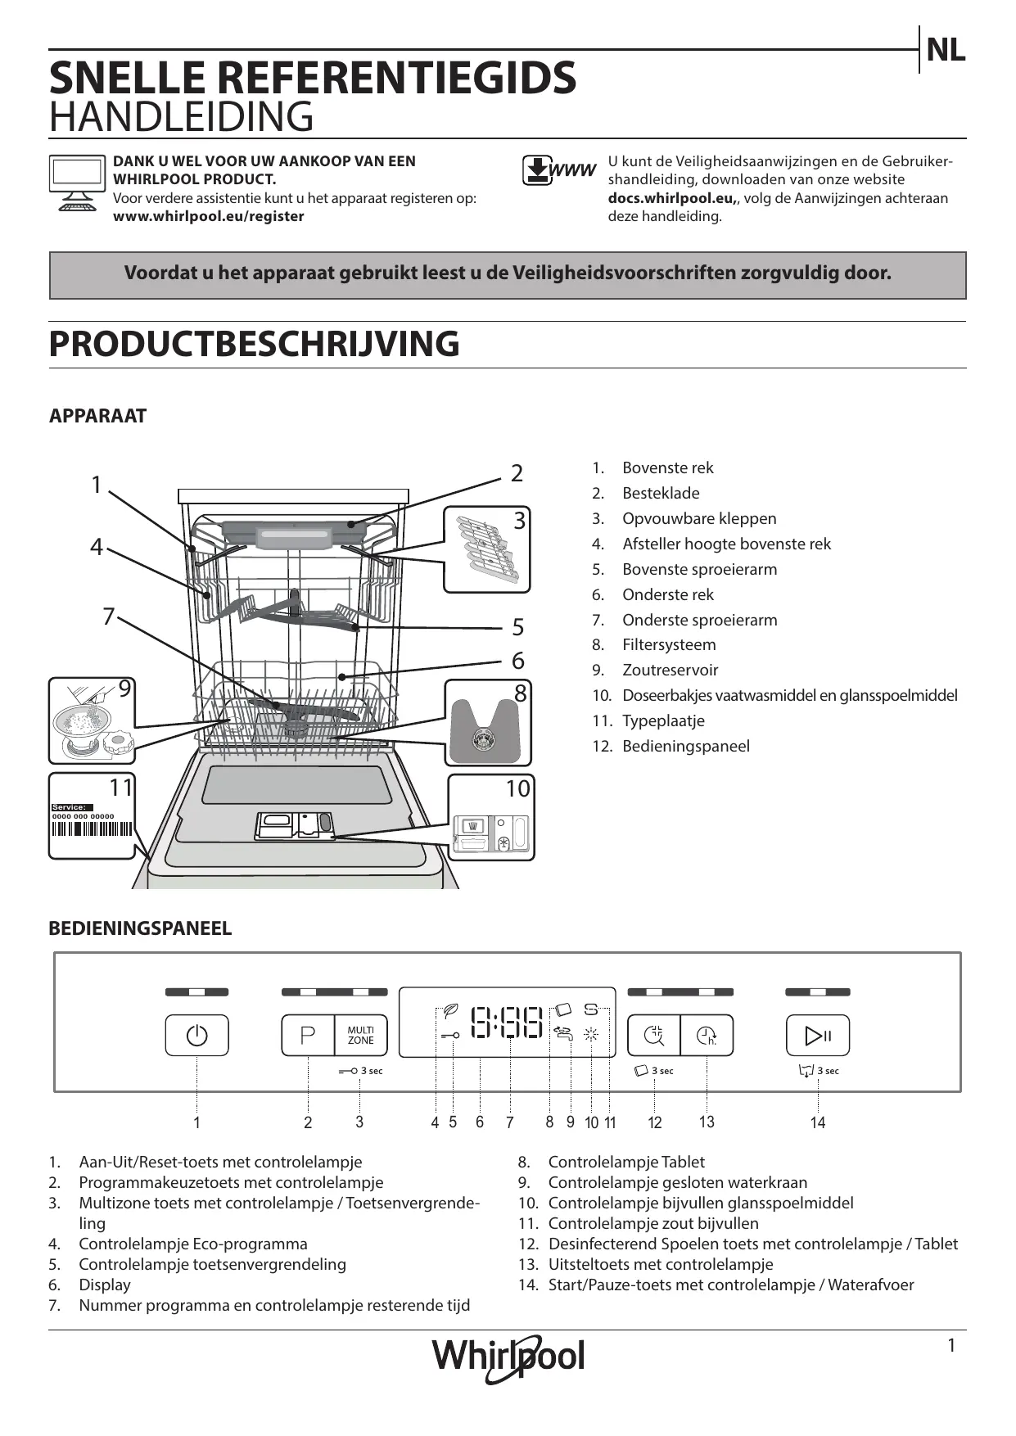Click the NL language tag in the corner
point(946,51)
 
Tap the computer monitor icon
point(77,183)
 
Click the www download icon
point(559,170)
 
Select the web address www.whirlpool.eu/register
point(208,216)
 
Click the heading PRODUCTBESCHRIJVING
point(254,344)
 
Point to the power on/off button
point(196,1036)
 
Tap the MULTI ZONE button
point(360,1036)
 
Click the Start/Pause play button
point(818,1036)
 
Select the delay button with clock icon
point(707,1036)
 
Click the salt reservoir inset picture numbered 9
point(91,720)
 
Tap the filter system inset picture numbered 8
point(488,723)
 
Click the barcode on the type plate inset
point(91,829)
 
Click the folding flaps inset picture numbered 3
point(486,549)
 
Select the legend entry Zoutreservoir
point(670,670)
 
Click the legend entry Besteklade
point(661,493)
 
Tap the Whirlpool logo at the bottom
point(508,1357)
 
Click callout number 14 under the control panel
point(818,1122)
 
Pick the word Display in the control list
point(105,1285)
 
